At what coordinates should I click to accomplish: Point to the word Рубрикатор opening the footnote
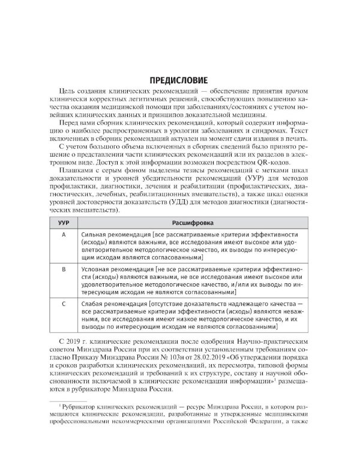pos(88,406)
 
